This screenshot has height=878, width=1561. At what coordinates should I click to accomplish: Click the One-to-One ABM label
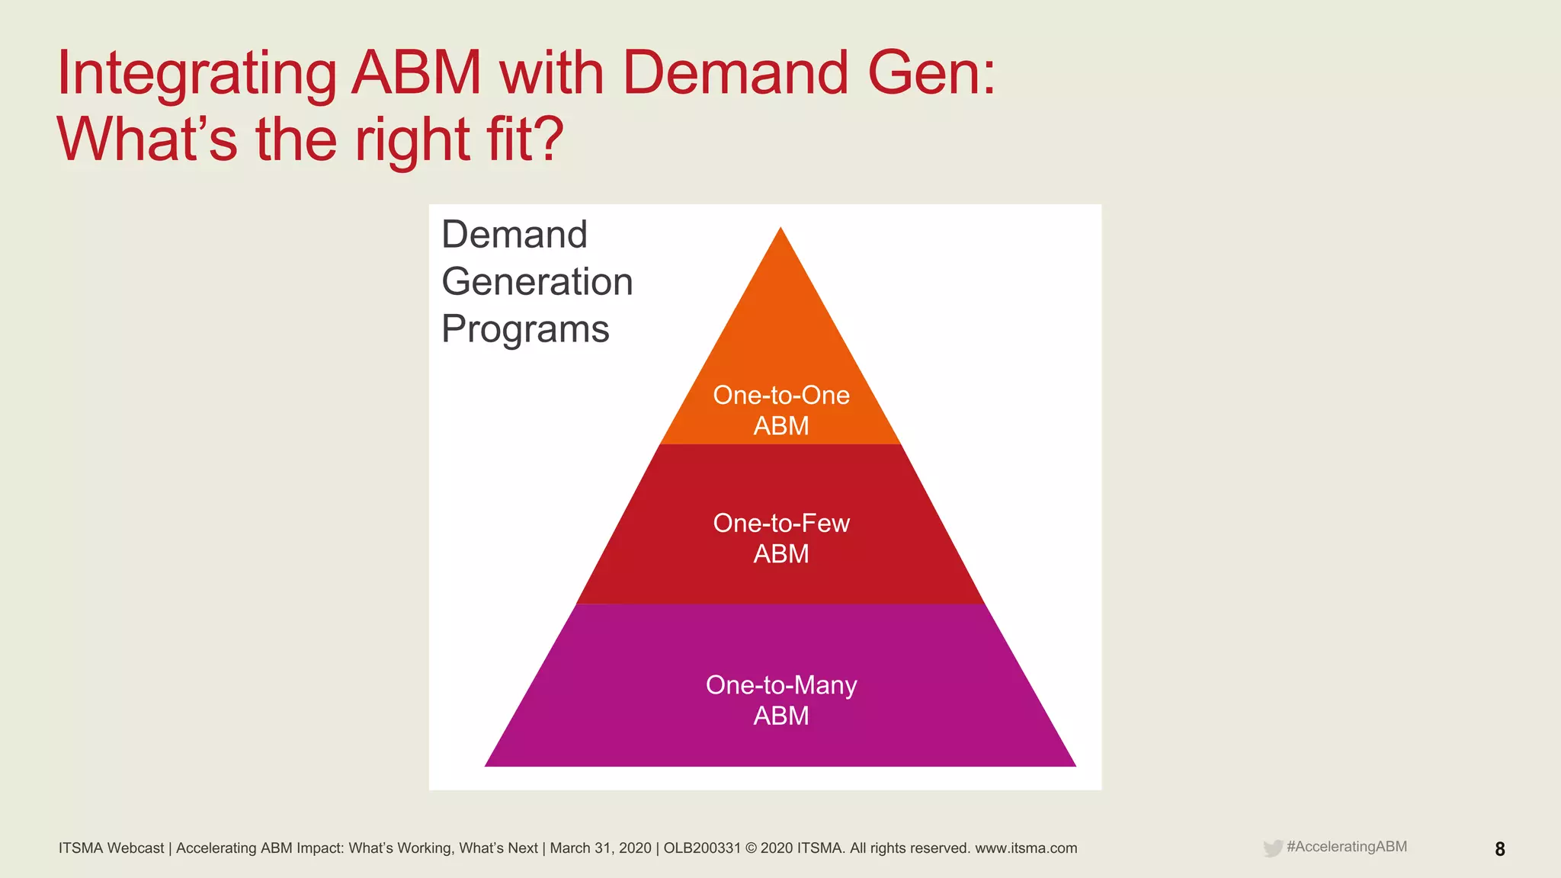pyautogui.click(x=780, y=410)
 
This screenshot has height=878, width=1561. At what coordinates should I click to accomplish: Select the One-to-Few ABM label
pyautogui.click(x=780, y=538)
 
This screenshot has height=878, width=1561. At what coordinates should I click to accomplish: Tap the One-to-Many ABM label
pyautogui.click(x=780, y=700)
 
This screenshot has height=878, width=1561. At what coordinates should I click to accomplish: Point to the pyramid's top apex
pyautogui.click(x=780, y=228)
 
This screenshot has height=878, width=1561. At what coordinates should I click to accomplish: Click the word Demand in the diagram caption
pyautogui.click(x=514, y=234)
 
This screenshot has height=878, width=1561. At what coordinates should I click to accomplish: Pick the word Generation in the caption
pyautogui.click(x=537, y=281)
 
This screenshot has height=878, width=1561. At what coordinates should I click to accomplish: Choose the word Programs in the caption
pyautogui.click(x=525, y=329)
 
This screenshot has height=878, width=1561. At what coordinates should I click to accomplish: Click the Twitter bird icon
pyautogui.click(x=1272, y=848)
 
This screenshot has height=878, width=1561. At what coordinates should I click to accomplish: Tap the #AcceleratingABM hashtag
pyautogui.click(x=1346, y=847)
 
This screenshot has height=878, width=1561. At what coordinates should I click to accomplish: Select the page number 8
pyautogui.click(x=1499, y=849)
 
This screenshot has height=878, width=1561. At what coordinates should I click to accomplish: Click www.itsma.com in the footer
pyautogui.click(x=1026, y=848)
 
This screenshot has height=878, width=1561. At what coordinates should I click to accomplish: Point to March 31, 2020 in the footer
pyautogui.click(x=601, y=848)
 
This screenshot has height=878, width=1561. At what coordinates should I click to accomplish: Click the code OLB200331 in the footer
pyautogui.click(x=702, y=848)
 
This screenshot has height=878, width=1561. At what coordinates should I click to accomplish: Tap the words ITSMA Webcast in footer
pyautogui.click(x=111, y=848)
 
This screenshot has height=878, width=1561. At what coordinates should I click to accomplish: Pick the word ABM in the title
pyautogui.click(x=416, y=74)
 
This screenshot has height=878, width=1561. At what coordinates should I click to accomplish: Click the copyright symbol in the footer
pyautogui.click(x=752, y=848)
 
